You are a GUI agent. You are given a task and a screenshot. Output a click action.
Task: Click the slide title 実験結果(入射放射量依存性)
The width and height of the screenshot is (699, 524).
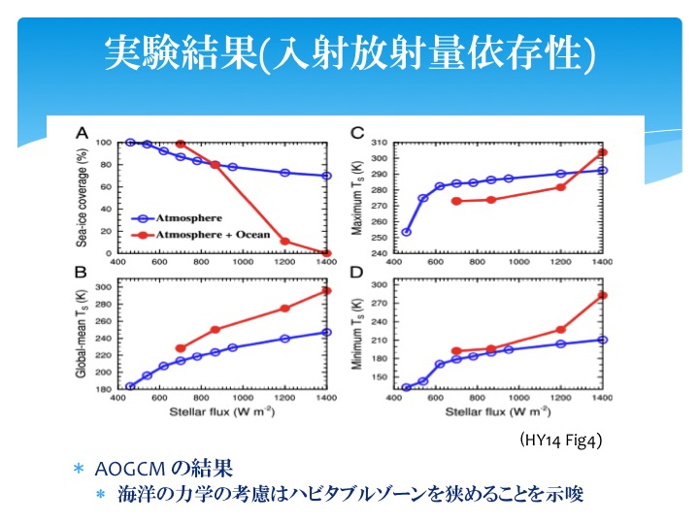[x=349, y=50]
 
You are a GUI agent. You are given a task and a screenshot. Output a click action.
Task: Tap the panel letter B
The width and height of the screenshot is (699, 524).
[x=83, y=275]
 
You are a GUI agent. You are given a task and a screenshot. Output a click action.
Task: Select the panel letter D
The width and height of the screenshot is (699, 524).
[x=358, y=275]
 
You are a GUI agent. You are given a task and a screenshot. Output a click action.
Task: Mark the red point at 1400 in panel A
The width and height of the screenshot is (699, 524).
[x=327, y=253]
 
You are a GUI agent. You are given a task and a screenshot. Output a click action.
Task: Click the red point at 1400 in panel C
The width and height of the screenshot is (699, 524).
[x=603, y=152]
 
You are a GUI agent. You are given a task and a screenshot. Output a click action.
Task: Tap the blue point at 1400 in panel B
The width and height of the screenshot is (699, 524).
[x=327, y=333]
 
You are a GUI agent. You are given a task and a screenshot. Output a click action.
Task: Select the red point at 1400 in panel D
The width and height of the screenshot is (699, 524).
[x=603, y=295]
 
